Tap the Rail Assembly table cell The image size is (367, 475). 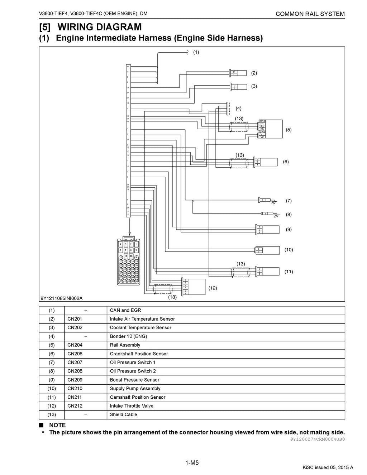click(125, 345)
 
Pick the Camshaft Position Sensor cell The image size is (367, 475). click(138, 397)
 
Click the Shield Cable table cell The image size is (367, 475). click(123, 414)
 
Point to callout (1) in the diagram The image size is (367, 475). click(196, 52)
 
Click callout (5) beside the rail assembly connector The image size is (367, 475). click(289, 130)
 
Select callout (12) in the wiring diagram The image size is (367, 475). click(213, 288)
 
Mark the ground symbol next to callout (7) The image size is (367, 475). click(275, 202)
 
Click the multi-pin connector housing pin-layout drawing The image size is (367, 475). click(129, 262)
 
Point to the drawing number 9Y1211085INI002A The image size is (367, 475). click(61, 298)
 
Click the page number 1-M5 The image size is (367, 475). click(192, 463)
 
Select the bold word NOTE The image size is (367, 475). click(57, 425)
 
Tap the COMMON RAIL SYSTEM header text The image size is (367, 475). click(310, 14)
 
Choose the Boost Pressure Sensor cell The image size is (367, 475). click(134, 380)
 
